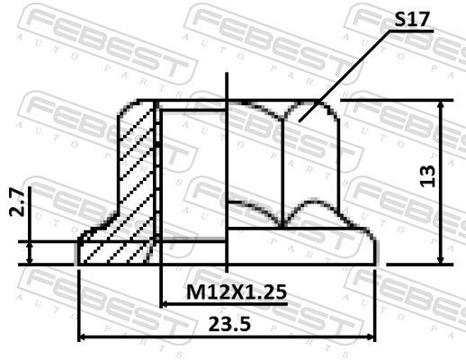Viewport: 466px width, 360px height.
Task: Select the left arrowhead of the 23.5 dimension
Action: [x=85, y=337]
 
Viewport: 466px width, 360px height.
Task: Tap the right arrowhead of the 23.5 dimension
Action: [x=371, y=337]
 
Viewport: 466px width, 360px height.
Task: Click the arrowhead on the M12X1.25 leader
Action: [x=165, y=304]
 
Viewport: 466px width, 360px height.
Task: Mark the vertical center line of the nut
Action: [x=227, y=180]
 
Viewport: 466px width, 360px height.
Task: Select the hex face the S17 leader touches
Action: [x=310, y=153]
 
